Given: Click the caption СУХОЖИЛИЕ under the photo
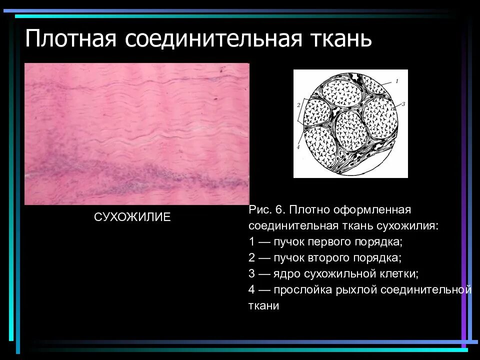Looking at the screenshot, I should point(132,217).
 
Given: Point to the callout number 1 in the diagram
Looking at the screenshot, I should point(396,80).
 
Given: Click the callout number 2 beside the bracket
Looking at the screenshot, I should point(298,105).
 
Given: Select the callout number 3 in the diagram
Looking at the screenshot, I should point(402,103).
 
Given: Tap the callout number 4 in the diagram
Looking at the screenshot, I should point(297,147).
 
